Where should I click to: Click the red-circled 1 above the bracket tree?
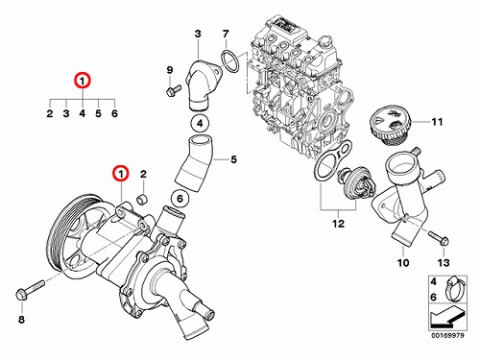coord(83,81)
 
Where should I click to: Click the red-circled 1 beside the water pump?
coord(121,174)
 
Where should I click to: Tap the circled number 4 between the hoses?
coord(200,123)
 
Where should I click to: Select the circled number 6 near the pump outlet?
coord(180,199)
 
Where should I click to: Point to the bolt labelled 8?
coord(30,289)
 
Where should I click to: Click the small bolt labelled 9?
coord(174,90)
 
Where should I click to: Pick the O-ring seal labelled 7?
coord(229,61)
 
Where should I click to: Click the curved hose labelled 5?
coord(194,163)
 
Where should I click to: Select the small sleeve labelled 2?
coord(142,199)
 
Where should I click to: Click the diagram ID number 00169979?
coord(448,335)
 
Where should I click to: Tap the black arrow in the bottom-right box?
coord(446,318)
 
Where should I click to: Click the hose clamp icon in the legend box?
coord(454,288)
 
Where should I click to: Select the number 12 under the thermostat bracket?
coord(339,224)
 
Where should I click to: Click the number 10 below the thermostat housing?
coord(403,263)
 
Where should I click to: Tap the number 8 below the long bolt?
coord(21,319)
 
